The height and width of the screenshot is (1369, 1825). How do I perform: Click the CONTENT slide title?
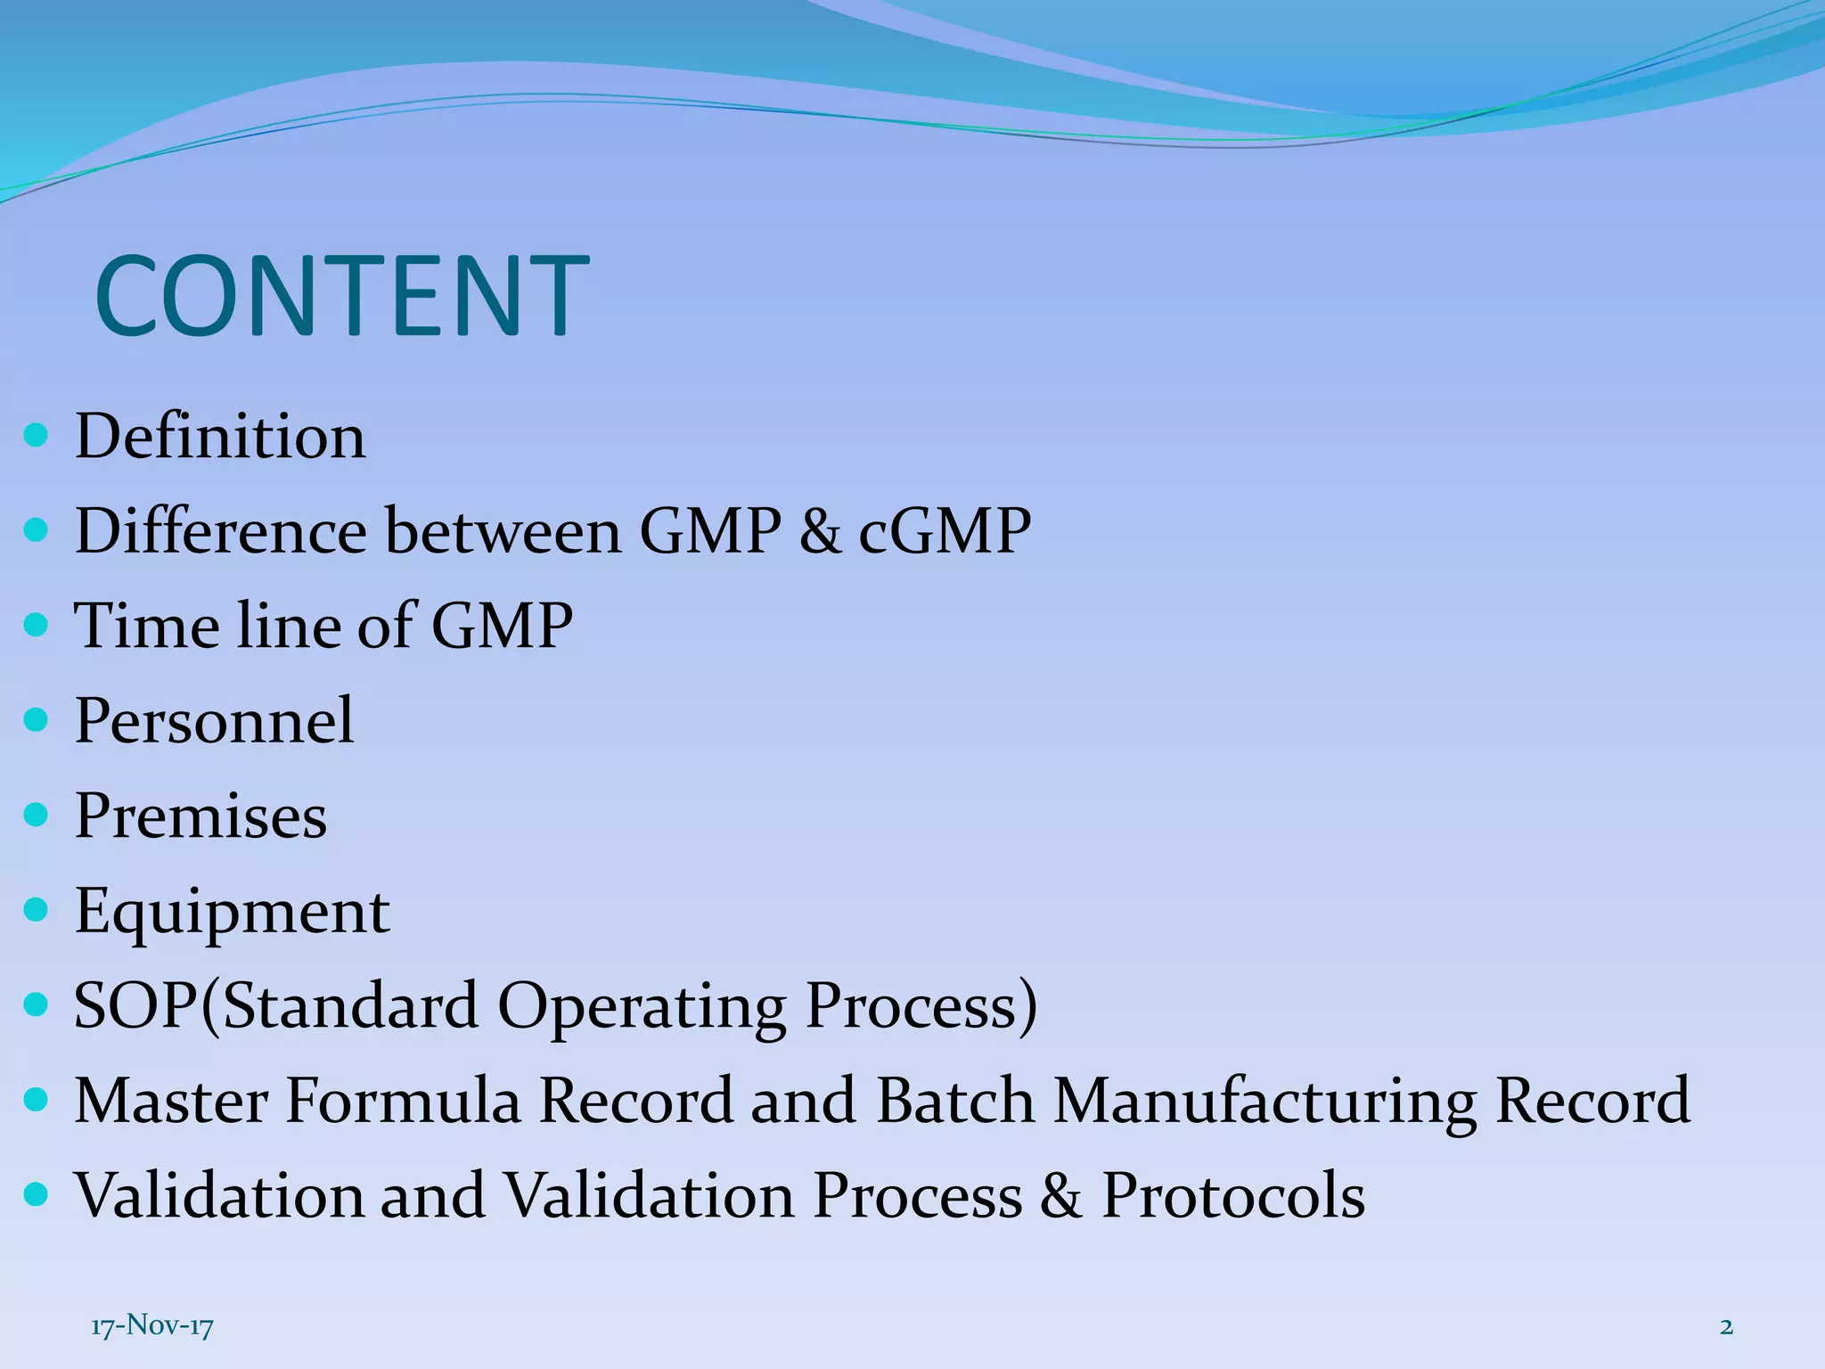coord(341,297)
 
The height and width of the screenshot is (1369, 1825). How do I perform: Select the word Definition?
coord(220,437)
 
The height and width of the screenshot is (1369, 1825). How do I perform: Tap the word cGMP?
coord(945,532)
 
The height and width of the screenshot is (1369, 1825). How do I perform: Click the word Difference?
coord(220,532)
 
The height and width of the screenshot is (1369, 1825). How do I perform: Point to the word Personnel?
coord(214,720)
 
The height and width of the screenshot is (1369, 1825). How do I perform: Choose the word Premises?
coord(201,816)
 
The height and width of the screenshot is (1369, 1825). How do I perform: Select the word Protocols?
coord(1233,1196)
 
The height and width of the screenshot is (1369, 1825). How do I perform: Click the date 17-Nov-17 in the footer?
coord(152,1326)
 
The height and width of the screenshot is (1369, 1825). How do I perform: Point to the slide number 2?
coord(1726,1326)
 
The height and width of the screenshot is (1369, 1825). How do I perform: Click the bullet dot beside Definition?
coord(36,437)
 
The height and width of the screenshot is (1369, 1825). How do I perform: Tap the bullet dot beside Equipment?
coord(36,911)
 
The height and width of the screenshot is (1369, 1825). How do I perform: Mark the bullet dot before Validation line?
coord(36,1195)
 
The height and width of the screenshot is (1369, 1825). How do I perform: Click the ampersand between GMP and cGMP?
coord(820,532)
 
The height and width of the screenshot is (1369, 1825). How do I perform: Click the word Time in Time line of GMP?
coord(145,626)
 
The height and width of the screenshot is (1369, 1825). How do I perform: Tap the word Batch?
coord(955,1102)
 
